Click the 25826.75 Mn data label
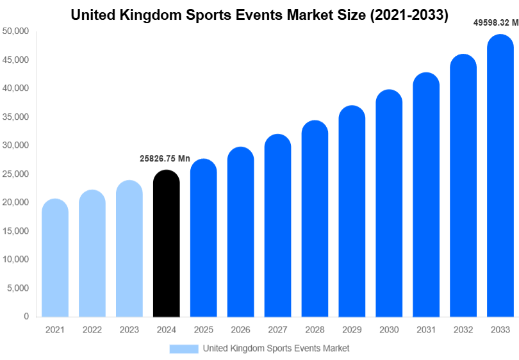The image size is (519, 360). (x=165, y=158)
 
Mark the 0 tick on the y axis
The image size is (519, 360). (x=26, y=316)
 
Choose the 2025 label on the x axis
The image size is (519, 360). (x=203, y=329)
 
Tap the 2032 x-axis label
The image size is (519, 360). (x=463, y=329)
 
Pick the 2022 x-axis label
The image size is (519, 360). (x=92, y=329)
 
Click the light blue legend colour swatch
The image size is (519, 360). (x=184, y=348)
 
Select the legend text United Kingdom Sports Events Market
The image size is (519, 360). (x=276, y=348)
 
